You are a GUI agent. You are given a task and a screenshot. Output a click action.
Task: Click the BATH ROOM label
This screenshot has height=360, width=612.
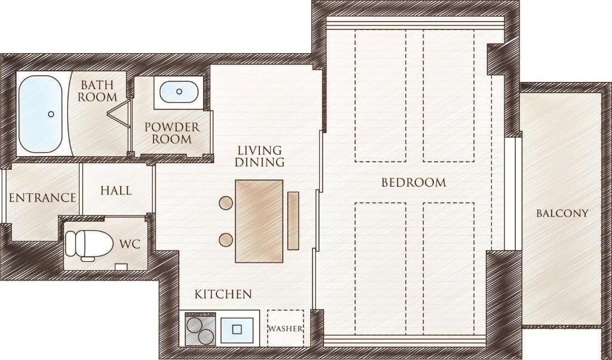(98, 90)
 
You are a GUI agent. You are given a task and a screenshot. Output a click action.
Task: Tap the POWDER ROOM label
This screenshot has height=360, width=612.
(172, 133)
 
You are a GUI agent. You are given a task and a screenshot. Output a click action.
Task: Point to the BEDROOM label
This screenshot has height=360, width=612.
(414, 182)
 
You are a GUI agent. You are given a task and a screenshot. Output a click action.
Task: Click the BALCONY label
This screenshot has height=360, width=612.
(562, 213)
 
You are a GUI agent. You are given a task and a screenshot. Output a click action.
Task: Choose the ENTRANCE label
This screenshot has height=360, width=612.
(42, 197)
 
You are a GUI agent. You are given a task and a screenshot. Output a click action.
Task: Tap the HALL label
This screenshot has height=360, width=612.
(116, 191)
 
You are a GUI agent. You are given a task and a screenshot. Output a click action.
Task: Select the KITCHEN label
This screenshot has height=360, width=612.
(223, 294)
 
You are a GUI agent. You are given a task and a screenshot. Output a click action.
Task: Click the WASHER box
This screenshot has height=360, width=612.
(285, 328)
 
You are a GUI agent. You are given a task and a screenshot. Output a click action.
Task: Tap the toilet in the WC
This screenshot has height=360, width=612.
(88, 244)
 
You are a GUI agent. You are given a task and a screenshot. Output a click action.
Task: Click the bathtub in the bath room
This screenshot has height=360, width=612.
(40, 113)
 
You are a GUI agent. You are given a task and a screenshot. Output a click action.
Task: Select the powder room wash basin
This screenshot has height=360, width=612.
(179, 92)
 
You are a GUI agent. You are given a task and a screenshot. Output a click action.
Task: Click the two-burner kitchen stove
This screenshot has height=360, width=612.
(198, 328)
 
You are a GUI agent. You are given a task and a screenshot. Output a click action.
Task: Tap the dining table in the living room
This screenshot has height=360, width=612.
(259, 221)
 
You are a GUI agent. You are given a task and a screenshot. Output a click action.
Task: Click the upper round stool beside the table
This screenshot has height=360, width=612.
(226, 203)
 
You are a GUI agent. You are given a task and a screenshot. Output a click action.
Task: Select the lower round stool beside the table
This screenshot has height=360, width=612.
(226, 240)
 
